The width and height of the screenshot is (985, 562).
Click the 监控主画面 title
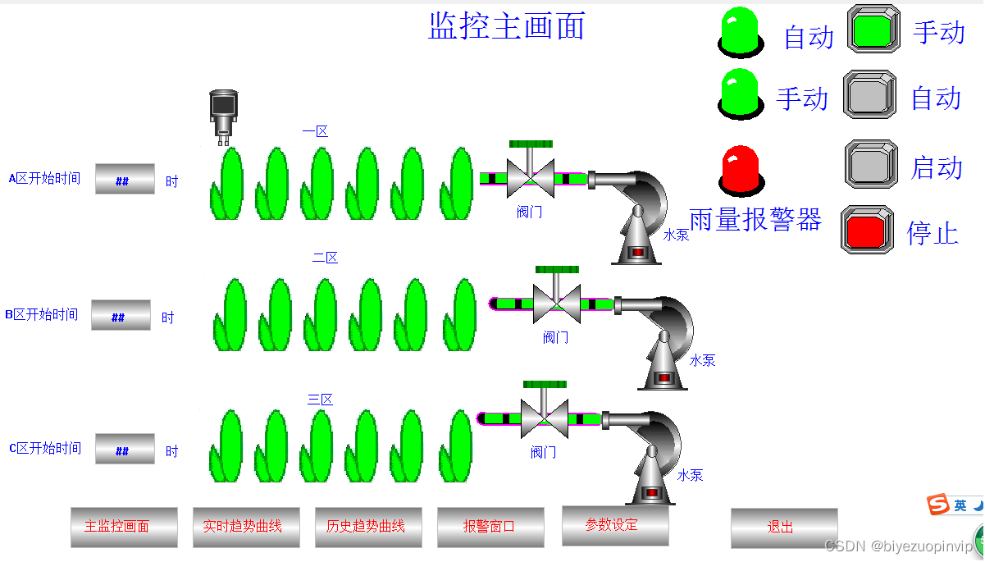pyautogui.click(x=506, y=25)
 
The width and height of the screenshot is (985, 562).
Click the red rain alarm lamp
pyautogui.click(x=740, y=170)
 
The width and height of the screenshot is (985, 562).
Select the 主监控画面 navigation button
pyautogui.click(x=123, y=527)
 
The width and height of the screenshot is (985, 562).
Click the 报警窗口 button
pyautogui.click(x=490, y=527)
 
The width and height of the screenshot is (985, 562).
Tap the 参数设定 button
pyautogui.click(x=614, y=525)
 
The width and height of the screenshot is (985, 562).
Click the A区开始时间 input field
pyautogui.click(x=125, y=179)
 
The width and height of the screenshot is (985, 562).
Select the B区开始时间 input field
pyautogui.click(x=121, y=315)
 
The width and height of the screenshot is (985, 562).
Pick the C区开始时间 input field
pyautogui.click(x=125, y=449)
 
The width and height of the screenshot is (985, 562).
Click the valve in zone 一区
pyautogui.click(x=530, y=173)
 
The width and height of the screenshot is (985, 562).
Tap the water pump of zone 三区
pyautogui.click(x=650, y=459)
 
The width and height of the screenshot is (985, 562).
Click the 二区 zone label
pyautogui.click(x=325, y=258)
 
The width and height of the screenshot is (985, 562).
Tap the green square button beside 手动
pyautogui.click(x=871, y=30)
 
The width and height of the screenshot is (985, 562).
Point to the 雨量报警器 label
pyautogui.click(x=755, y=220)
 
